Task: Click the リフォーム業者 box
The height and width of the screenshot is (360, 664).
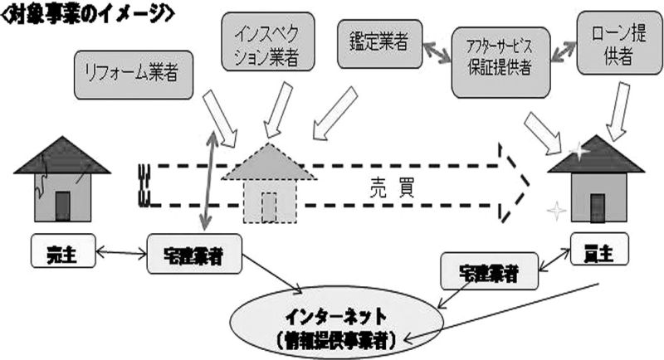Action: pyautogui.click(x=134, y=75)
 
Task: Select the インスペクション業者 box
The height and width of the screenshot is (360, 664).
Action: pyautogui.click(x=268, y=41)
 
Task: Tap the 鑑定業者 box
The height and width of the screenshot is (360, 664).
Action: pyautogui.click(x=380, y=44)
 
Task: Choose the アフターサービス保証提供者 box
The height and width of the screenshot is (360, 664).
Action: pyautogui.click(x=500, y=62)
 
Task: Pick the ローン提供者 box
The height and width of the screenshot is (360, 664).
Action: pyautogui.click(x=619, y=43)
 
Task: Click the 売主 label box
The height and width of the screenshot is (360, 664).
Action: pyautogui.click(x=63, y=251)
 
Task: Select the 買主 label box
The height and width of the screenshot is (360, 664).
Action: pyautogui.click(x=599, y=249)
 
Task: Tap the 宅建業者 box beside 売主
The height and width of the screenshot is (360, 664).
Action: pyautogui.click(x=194, y=254)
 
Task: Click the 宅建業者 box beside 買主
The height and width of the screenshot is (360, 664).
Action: pyautogui.click(x=490, y=271)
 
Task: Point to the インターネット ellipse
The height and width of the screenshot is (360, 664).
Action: pyautogui.click(x=337, y=324)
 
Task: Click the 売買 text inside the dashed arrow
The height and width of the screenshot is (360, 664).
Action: pyautogui.click(x=392, y=187)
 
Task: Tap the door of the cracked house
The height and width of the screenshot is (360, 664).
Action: pyautogui.click(x=62, y=206)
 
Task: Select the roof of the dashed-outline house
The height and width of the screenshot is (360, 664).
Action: pyautogui.click(x=268, y=162)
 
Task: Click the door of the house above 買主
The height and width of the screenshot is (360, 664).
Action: pyautogui.click(x=598, y=207)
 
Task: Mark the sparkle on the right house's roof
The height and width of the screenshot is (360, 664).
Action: pyautogui.click(x=579, y=151)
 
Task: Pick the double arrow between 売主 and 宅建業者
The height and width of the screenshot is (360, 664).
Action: pyautogui.click(x=121, y=253)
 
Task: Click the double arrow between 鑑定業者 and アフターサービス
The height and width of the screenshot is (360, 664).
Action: pyautogui.click(x=437, y=51)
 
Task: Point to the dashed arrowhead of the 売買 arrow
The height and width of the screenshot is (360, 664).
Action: pyautogui.click(x=515, y=183)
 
